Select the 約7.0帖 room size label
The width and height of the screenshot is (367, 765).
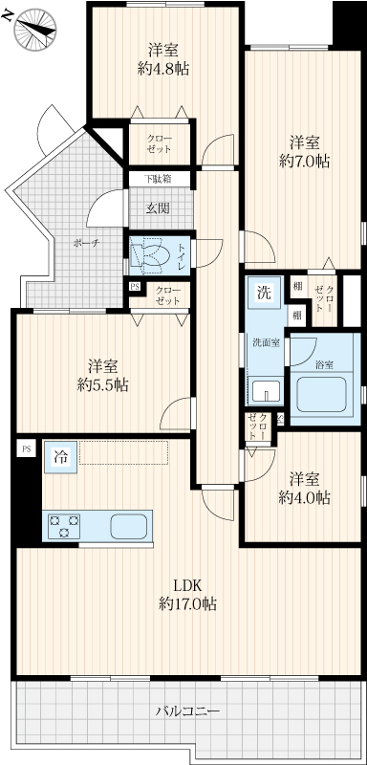tap(304, 162)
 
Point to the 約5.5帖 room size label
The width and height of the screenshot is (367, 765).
tap(103, 385)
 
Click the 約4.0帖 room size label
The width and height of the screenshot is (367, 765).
tap(304, 497)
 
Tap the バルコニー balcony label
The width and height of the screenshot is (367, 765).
tap(187, 710)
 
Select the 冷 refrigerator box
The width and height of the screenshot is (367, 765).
tap(61, 457)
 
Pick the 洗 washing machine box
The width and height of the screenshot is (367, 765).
tap(263, 293)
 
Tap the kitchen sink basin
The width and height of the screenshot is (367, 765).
tap(128, 526)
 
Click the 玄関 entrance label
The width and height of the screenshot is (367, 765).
tap(158, 208)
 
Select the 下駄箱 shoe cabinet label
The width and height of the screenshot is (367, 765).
tap(158, 179)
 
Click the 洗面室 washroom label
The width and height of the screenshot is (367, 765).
tap(266, 342)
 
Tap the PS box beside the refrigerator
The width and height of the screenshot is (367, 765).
tap(26, 448)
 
